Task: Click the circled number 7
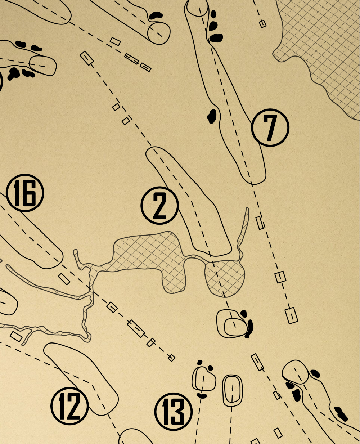point(270,127)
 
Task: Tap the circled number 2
point(159,205)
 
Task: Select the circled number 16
point(25,193)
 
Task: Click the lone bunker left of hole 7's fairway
point(212,116)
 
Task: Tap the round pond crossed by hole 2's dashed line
point(225,278)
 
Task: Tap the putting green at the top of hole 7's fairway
point(198,8)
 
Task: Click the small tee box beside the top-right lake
point(263,24)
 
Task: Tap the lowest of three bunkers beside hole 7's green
point(216,38)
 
